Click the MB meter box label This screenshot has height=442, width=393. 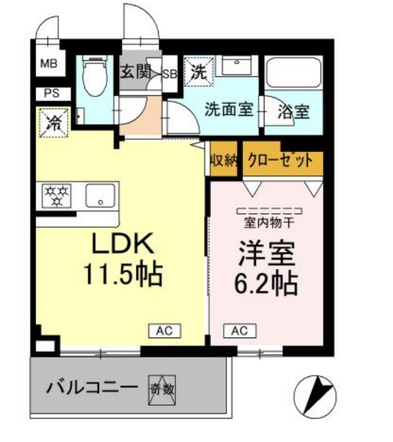[x=49, y=64]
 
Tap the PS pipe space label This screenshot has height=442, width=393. [x=52, y=93]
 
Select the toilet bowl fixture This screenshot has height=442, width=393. [x=95, y=75]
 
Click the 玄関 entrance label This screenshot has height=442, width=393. [x=136, y=72]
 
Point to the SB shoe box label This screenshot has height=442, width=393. [x=170, y=74]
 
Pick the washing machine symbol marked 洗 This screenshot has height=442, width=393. [x=199, y=71]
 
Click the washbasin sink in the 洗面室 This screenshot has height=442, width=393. [x=236, y=66]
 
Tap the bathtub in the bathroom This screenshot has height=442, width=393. [x=293, y=73]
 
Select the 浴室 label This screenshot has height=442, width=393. [x=294, y=112]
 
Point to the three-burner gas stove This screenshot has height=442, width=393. [x=56, y=196]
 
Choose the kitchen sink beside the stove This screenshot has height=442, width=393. [x=100, y=196]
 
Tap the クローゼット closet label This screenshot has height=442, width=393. [x=281, y=161]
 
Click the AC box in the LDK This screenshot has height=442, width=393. [x=165, y=331]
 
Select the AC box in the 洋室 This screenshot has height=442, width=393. [x=240, y=331]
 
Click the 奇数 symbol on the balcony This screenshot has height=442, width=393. [x=162, y=390]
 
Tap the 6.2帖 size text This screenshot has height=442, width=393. [x=266, y=283]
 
